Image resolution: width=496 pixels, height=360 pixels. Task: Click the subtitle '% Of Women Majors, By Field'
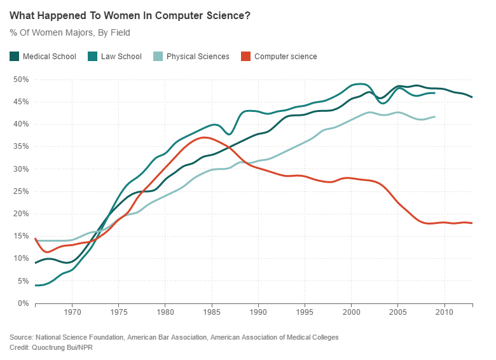(70, 32)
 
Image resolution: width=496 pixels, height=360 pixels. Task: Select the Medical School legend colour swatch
(15, 57)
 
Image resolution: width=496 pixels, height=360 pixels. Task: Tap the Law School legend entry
(121, 57)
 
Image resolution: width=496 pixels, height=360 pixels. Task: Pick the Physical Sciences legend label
(197, 57)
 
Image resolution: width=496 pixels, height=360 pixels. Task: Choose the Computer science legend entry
(286, 57)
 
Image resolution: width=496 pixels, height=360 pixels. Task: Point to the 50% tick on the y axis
(22, 80)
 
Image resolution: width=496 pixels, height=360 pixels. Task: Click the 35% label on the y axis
(22, 146)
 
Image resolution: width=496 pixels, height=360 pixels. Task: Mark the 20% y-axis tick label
(22, 214)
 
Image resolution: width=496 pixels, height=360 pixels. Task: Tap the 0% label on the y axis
(24, 303)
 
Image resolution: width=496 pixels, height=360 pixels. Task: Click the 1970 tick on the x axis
(72, 313)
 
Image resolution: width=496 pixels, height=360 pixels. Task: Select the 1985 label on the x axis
(212, 313)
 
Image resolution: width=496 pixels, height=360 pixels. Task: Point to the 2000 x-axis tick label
(351, 313)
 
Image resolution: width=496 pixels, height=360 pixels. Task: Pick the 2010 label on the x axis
(444, 313)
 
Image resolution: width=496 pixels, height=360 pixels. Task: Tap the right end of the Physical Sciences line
(435, 116)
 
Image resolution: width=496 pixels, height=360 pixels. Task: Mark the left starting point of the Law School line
(36, 286)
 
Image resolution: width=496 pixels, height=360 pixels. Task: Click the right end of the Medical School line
(472, 97)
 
